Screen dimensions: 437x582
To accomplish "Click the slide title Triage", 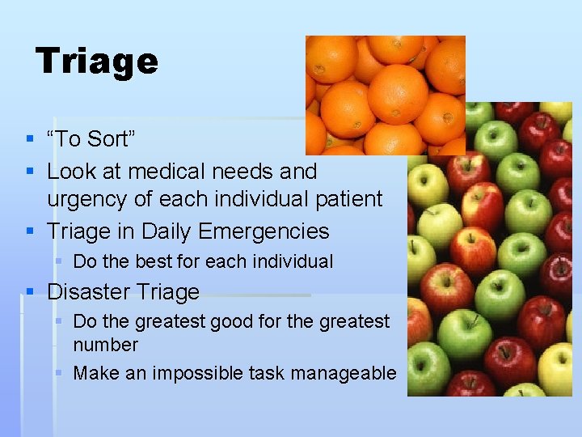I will (97, 62).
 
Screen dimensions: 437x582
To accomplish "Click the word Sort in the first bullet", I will (110, 139).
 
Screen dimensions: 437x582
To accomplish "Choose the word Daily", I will (166, 231).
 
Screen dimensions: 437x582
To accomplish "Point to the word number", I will (105, 345).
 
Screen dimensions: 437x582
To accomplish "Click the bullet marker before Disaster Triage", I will (29, 292).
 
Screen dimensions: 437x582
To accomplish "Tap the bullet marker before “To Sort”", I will (29, 139).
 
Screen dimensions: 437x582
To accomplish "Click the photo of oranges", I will (385, 94).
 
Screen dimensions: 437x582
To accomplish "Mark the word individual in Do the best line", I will (292, 261).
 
